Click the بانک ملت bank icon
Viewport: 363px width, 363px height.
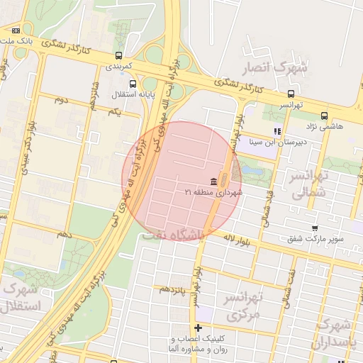point(16,30)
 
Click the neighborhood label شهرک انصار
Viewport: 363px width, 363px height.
point(275,68)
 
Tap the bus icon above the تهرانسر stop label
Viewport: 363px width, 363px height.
point(291,93)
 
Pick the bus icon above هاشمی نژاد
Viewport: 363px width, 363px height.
point(324,116)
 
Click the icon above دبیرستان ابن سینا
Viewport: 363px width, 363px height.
point(277,130)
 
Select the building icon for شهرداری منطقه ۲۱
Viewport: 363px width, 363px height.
point(214,182)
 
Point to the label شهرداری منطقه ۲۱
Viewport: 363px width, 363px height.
point(213,192)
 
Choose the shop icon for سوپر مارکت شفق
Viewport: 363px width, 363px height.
point(284,239)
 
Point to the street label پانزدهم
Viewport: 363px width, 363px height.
point(172,289)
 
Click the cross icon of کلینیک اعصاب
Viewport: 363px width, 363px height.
point(199,328)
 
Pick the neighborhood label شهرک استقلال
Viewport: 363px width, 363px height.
point(21,298)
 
